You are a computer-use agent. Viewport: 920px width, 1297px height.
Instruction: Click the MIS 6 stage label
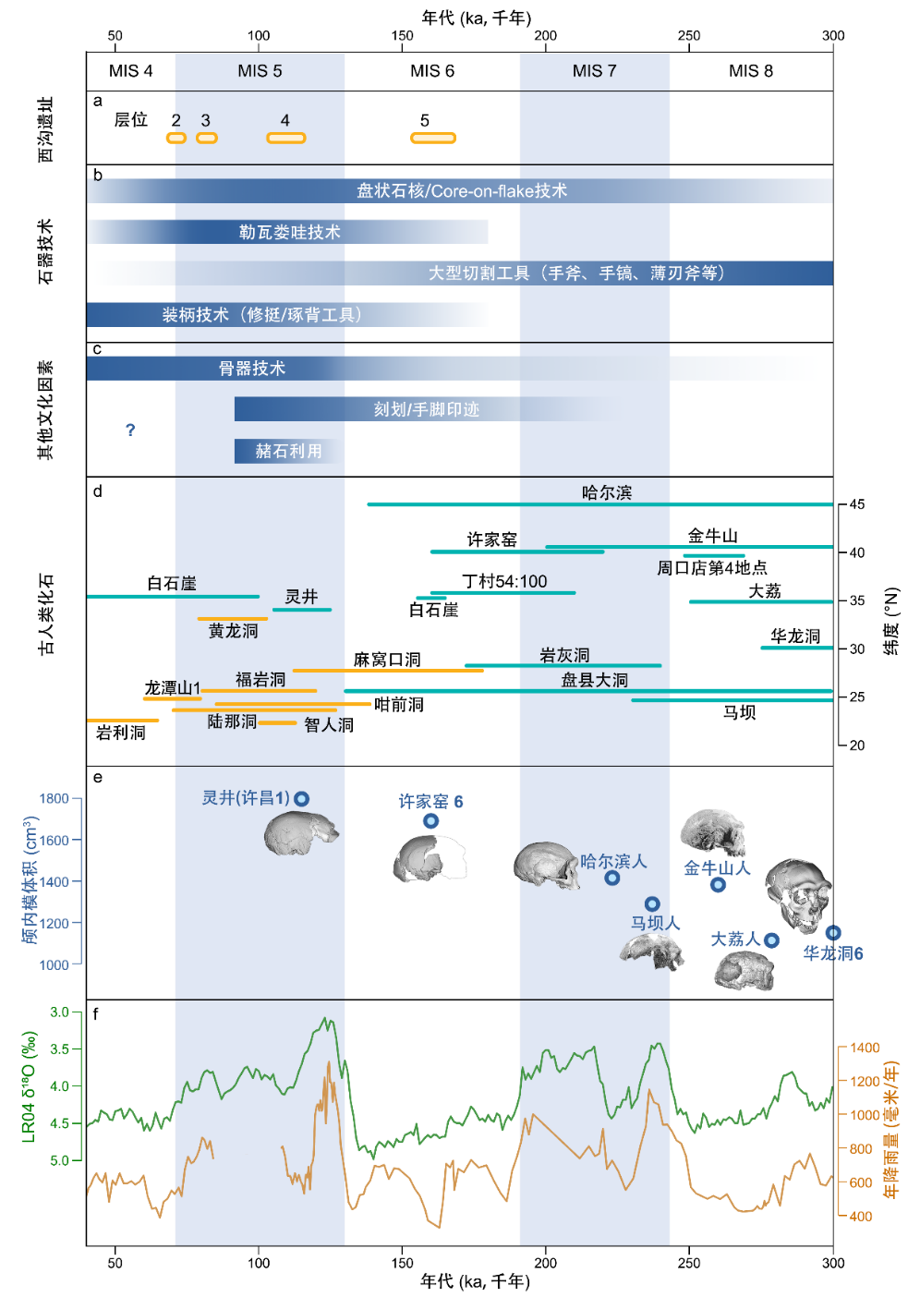point(431,71)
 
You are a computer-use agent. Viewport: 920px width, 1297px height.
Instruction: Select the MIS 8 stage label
point(750,71)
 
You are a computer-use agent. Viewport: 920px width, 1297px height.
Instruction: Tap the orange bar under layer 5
point(433,139)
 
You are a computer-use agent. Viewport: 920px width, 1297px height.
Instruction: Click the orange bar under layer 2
point(176,139)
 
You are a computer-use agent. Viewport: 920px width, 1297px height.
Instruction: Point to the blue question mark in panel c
point(130,430)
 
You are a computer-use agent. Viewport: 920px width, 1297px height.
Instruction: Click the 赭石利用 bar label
point(288,451)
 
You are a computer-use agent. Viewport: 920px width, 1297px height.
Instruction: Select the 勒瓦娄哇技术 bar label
point(289,232)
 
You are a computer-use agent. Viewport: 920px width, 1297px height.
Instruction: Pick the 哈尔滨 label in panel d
point(607,492)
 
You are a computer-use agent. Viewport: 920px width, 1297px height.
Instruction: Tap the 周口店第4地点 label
point(711,568)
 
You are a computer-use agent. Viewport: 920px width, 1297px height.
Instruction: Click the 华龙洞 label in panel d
point(795,636)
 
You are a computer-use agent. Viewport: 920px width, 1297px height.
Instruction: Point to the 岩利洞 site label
point(121,733)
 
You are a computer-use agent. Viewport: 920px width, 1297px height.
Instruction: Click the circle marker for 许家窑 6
point(430,821)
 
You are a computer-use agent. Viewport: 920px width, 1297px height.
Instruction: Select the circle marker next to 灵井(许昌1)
point(302,799)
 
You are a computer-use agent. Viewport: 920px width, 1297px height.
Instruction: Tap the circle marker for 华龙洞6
point(833,933)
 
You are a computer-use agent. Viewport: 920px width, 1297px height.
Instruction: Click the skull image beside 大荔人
point(744,971)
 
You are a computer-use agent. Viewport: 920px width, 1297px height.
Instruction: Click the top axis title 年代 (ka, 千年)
point(477,18)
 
